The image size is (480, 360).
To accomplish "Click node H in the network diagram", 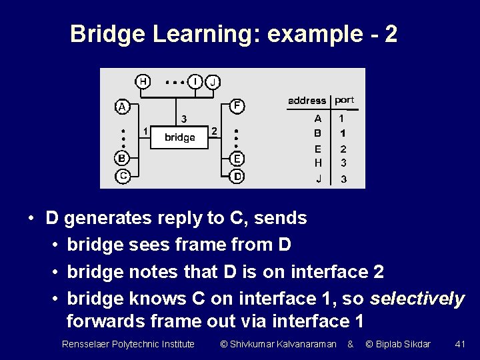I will coord(143,81).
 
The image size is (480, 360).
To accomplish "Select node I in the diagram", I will coord(195,81).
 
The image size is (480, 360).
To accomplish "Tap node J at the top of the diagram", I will coord(213,82).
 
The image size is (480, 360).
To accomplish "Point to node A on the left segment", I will coord(121,106).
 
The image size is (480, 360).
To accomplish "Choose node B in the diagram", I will coord(121,159).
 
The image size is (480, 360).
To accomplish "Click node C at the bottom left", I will coord(122,176).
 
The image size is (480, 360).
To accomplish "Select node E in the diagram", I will coord(237,159).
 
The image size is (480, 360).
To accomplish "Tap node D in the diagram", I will coord(237,177).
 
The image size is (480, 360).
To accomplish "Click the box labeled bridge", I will coord(179,137).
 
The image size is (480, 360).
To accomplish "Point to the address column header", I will coord(307,101).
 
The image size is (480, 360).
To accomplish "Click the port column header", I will coord(345,100).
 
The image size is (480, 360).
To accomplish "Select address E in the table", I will coord(318,149).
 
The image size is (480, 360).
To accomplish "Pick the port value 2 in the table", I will coord(343,149).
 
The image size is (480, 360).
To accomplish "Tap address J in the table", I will coord(318,179).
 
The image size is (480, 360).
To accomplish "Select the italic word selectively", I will coord(417,299).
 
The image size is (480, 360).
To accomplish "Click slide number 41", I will coord(459,344).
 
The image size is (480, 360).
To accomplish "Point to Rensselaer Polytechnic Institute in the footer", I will coord(128,344).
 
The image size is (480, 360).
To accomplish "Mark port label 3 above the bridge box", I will coord(184,119).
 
